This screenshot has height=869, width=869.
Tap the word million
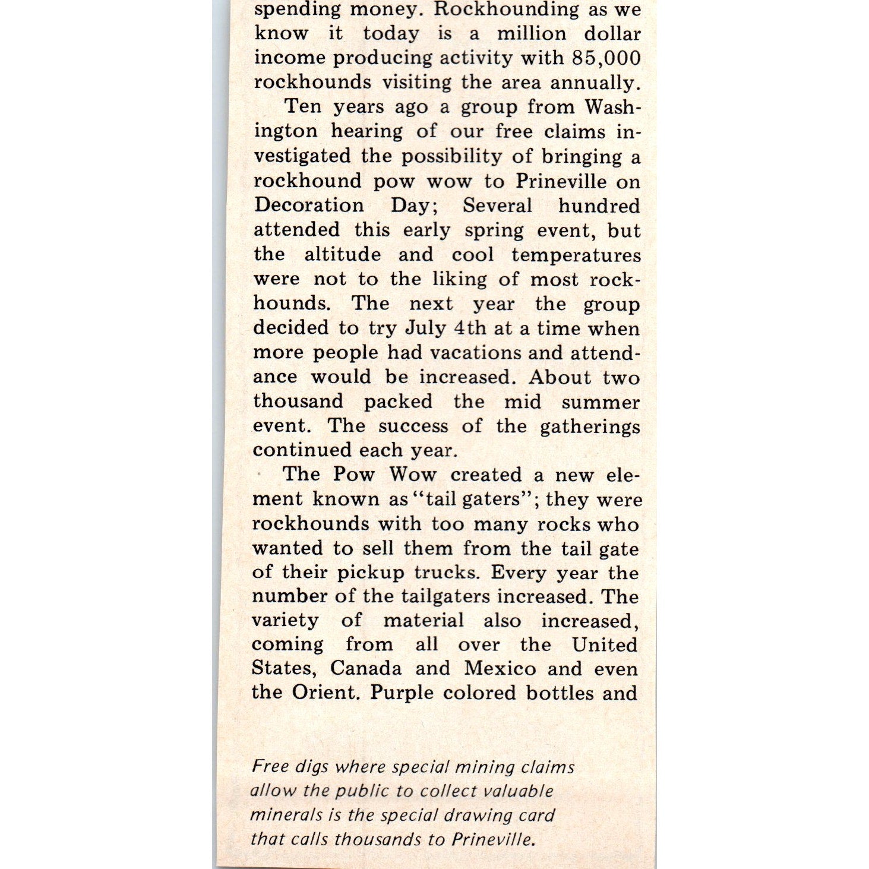(x=531, y=33)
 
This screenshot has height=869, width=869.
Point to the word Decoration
(x=309, y=205)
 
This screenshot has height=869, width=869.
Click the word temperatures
(x=576, y=255)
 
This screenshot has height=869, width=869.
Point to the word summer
(x=601, y=402)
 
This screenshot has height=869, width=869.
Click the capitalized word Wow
(x=413, y=475)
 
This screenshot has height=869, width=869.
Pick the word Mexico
(x=500, y=668)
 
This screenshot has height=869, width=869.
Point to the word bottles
(x=558, y=693)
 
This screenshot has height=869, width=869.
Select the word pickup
(x=370, y=573)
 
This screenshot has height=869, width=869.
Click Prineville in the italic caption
(x=492, y=839)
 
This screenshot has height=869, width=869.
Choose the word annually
(x=595, y=82)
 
